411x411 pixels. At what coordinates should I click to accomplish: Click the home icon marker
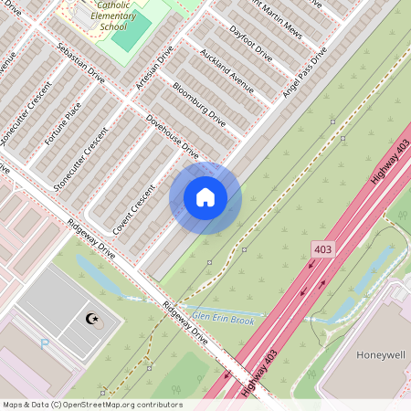[205, 197]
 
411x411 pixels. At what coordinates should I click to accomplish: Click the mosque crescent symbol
[90, 319]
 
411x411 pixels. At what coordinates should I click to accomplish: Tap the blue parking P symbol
[45, 344]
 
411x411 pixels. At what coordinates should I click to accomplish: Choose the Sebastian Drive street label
[80, 63]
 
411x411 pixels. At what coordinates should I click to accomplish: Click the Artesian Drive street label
[153, 70]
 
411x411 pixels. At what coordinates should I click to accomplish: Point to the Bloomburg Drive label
[198, 102]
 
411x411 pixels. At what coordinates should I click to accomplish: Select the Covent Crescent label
[134, 204]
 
